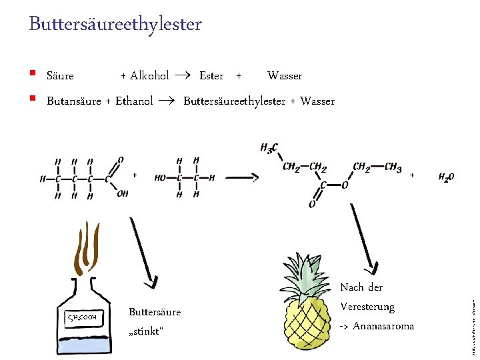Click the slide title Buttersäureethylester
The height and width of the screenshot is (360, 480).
click(x=115, y=25)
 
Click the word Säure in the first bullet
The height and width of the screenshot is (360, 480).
click(x=60, y=76)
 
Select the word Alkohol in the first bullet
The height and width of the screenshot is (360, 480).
click(x=149, y=76)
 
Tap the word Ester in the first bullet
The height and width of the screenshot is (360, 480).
click(x=211, y=76)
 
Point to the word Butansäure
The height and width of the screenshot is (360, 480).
click(x=73, y=101)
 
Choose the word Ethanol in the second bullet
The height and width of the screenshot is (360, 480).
click(x=134, y=101)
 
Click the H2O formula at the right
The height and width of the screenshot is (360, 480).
click(x=446, y=177)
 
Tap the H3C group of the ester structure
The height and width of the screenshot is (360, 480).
click(x=269, y=148)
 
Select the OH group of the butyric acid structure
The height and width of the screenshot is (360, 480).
click(x=122, y=193)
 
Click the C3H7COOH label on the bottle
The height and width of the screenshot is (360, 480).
click(x=83, y=317)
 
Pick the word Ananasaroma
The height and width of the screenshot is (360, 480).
click(x=383, y=326)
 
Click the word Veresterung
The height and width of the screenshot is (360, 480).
click(x=367, y=307)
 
